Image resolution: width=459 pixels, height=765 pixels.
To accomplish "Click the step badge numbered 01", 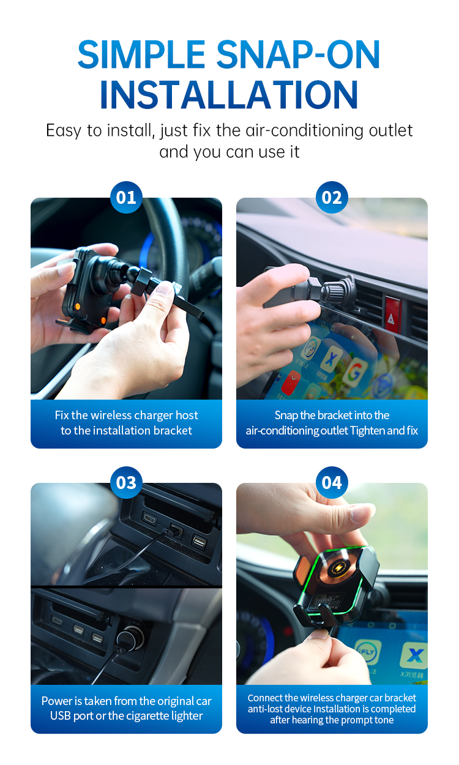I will click(126, 197).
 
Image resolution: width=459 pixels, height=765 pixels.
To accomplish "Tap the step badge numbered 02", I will click(332, 197).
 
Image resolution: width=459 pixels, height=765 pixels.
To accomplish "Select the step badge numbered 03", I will click(126, 482).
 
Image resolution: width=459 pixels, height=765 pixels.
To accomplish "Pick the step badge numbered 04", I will click(332, 482).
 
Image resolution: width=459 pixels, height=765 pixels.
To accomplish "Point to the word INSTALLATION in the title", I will click(229, 95).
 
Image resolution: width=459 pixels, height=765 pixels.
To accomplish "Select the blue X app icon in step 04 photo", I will click(414, 656).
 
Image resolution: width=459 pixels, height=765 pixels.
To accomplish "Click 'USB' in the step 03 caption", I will click(61, 716).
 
